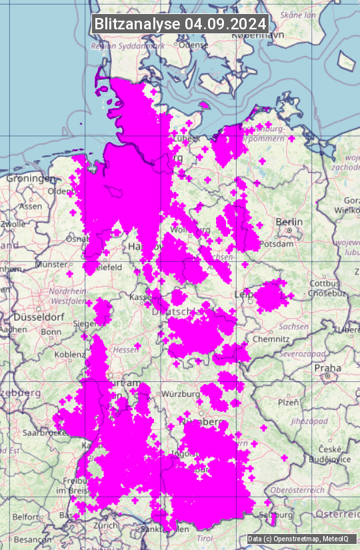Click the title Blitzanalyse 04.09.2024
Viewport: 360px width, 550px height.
180,23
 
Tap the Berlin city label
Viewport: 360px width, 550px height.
289,221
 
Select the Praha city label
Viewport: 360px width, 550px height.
327,367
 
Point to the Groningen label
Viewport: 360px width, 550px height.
31,179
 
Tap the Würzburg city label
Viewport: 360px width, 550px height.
181,394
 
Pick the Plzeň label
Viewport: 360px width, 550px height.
288,403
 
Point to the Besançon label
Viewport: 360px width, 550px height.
29,538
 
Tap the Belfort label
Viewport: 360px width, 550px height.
25,516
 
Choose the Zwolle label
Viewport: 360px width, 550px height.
13,224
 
